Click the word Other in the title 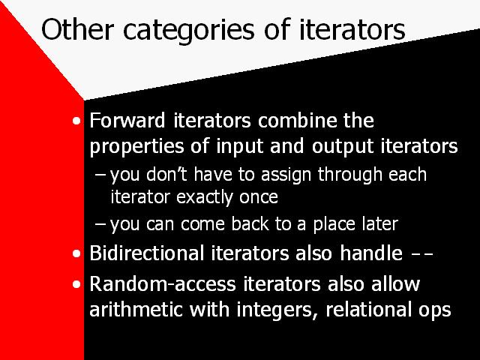tap(77, 29)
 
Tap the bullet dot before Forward tap(76, 121)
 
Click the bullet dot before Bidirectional tap(76, 253)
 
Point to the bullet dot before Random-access tap(76, 285)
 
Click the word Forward tap(127, 120)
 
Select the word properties tap(136, 147)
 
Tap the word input tap(240, 147)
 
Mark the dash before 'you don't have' tap(100, 175)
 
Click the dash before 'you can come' tap(100, 224)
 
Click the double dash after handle tap(422, 254)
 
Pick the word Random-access tap(163, 283)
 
